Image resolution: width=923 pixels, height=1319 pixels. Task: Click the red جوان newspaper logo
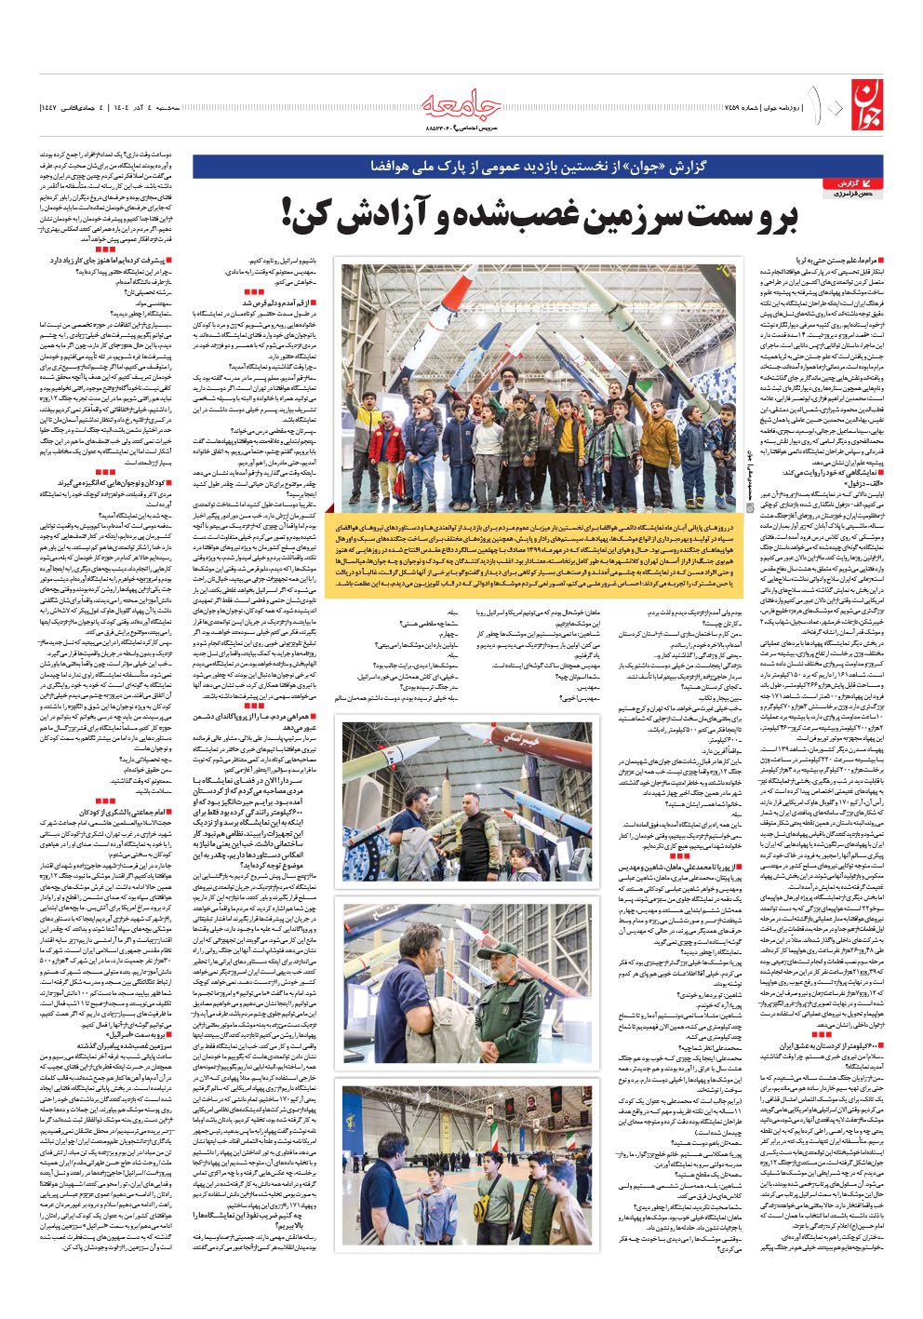(863, 104)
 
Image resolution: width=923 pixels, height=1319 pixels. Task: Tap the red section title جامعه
(462, 105)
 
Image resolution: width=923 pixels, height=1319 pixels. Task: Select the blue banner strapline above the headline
(538, 167)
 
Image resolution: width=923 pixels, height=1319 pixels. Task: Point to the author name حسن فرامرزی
(852, 194)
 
